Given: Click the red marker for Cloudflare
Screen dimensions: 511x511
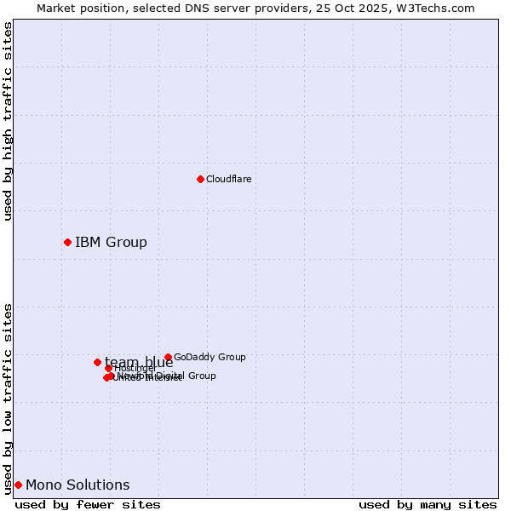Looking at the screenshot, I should [200, 179].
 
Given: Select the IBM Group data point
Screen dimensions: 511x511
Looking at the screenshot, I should [67, 243].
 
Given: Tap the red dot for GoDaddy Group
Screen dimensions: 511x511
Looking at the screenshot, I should [168, 357].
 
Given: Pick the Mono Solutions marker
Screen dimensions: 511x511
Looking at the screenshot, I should [18, 485].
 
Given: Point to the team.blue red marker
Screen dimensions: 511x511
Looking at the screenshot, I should [97, 362].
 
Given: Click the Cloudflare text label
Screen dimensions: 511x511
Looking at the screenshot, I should [228, 179].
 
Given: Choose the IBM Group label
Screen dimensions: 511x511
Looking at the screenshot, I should [111, 243].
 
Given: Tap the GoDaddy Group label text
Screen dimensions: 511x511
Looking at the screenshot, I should [210, 357].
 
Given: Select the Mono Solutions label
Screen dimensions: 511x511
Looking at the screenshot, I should [78, 485].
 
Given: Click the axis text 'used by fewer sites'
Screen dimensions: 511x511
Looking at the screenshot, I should [88, 504].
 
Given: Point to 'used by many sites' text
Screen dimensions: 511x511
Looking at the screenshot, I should [428, 504].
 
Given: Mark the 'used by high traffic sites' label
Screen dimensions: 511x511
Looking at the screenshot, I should [9, 121].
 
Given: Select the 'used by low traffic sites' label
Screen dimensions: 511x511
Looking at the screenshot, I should [9, 398].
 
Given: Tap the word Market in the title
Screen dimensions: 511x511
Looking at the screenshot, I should [55, 8].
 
